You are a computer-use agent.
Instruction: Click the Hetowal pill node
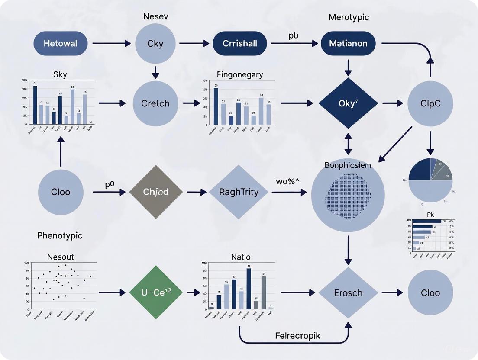click(x=61, y=43)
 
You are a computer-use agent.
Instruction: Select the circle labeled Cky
click(x=155, y=43)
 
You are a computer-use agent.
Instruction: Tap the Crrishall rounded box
click(x=239, y=43)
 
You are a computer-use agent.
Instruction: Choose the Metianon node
click(x=348, y=43)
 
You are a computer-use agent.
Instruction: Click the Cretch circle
click(x=155, y=103)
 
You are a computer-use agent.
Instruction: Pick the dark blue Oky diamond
click(x=348, y=103)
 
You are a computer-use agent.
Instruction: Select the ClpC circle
click(x=430, y=103)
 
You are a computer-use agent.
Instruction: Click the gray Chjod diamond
click(x=155, y=192)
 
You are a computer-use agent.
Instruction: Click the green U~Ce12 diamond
click(x=155, y=293)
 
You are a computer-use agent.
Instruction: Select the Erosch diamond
click(x=348, y=293)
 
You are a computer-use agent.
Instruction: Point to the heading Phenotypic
click(x=60, y=236)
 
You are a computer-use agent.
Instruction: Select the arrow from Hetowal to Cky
click(x=111, y=43)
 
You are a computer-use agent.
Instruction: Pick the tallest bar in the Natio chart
click(x=249, y=289)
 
